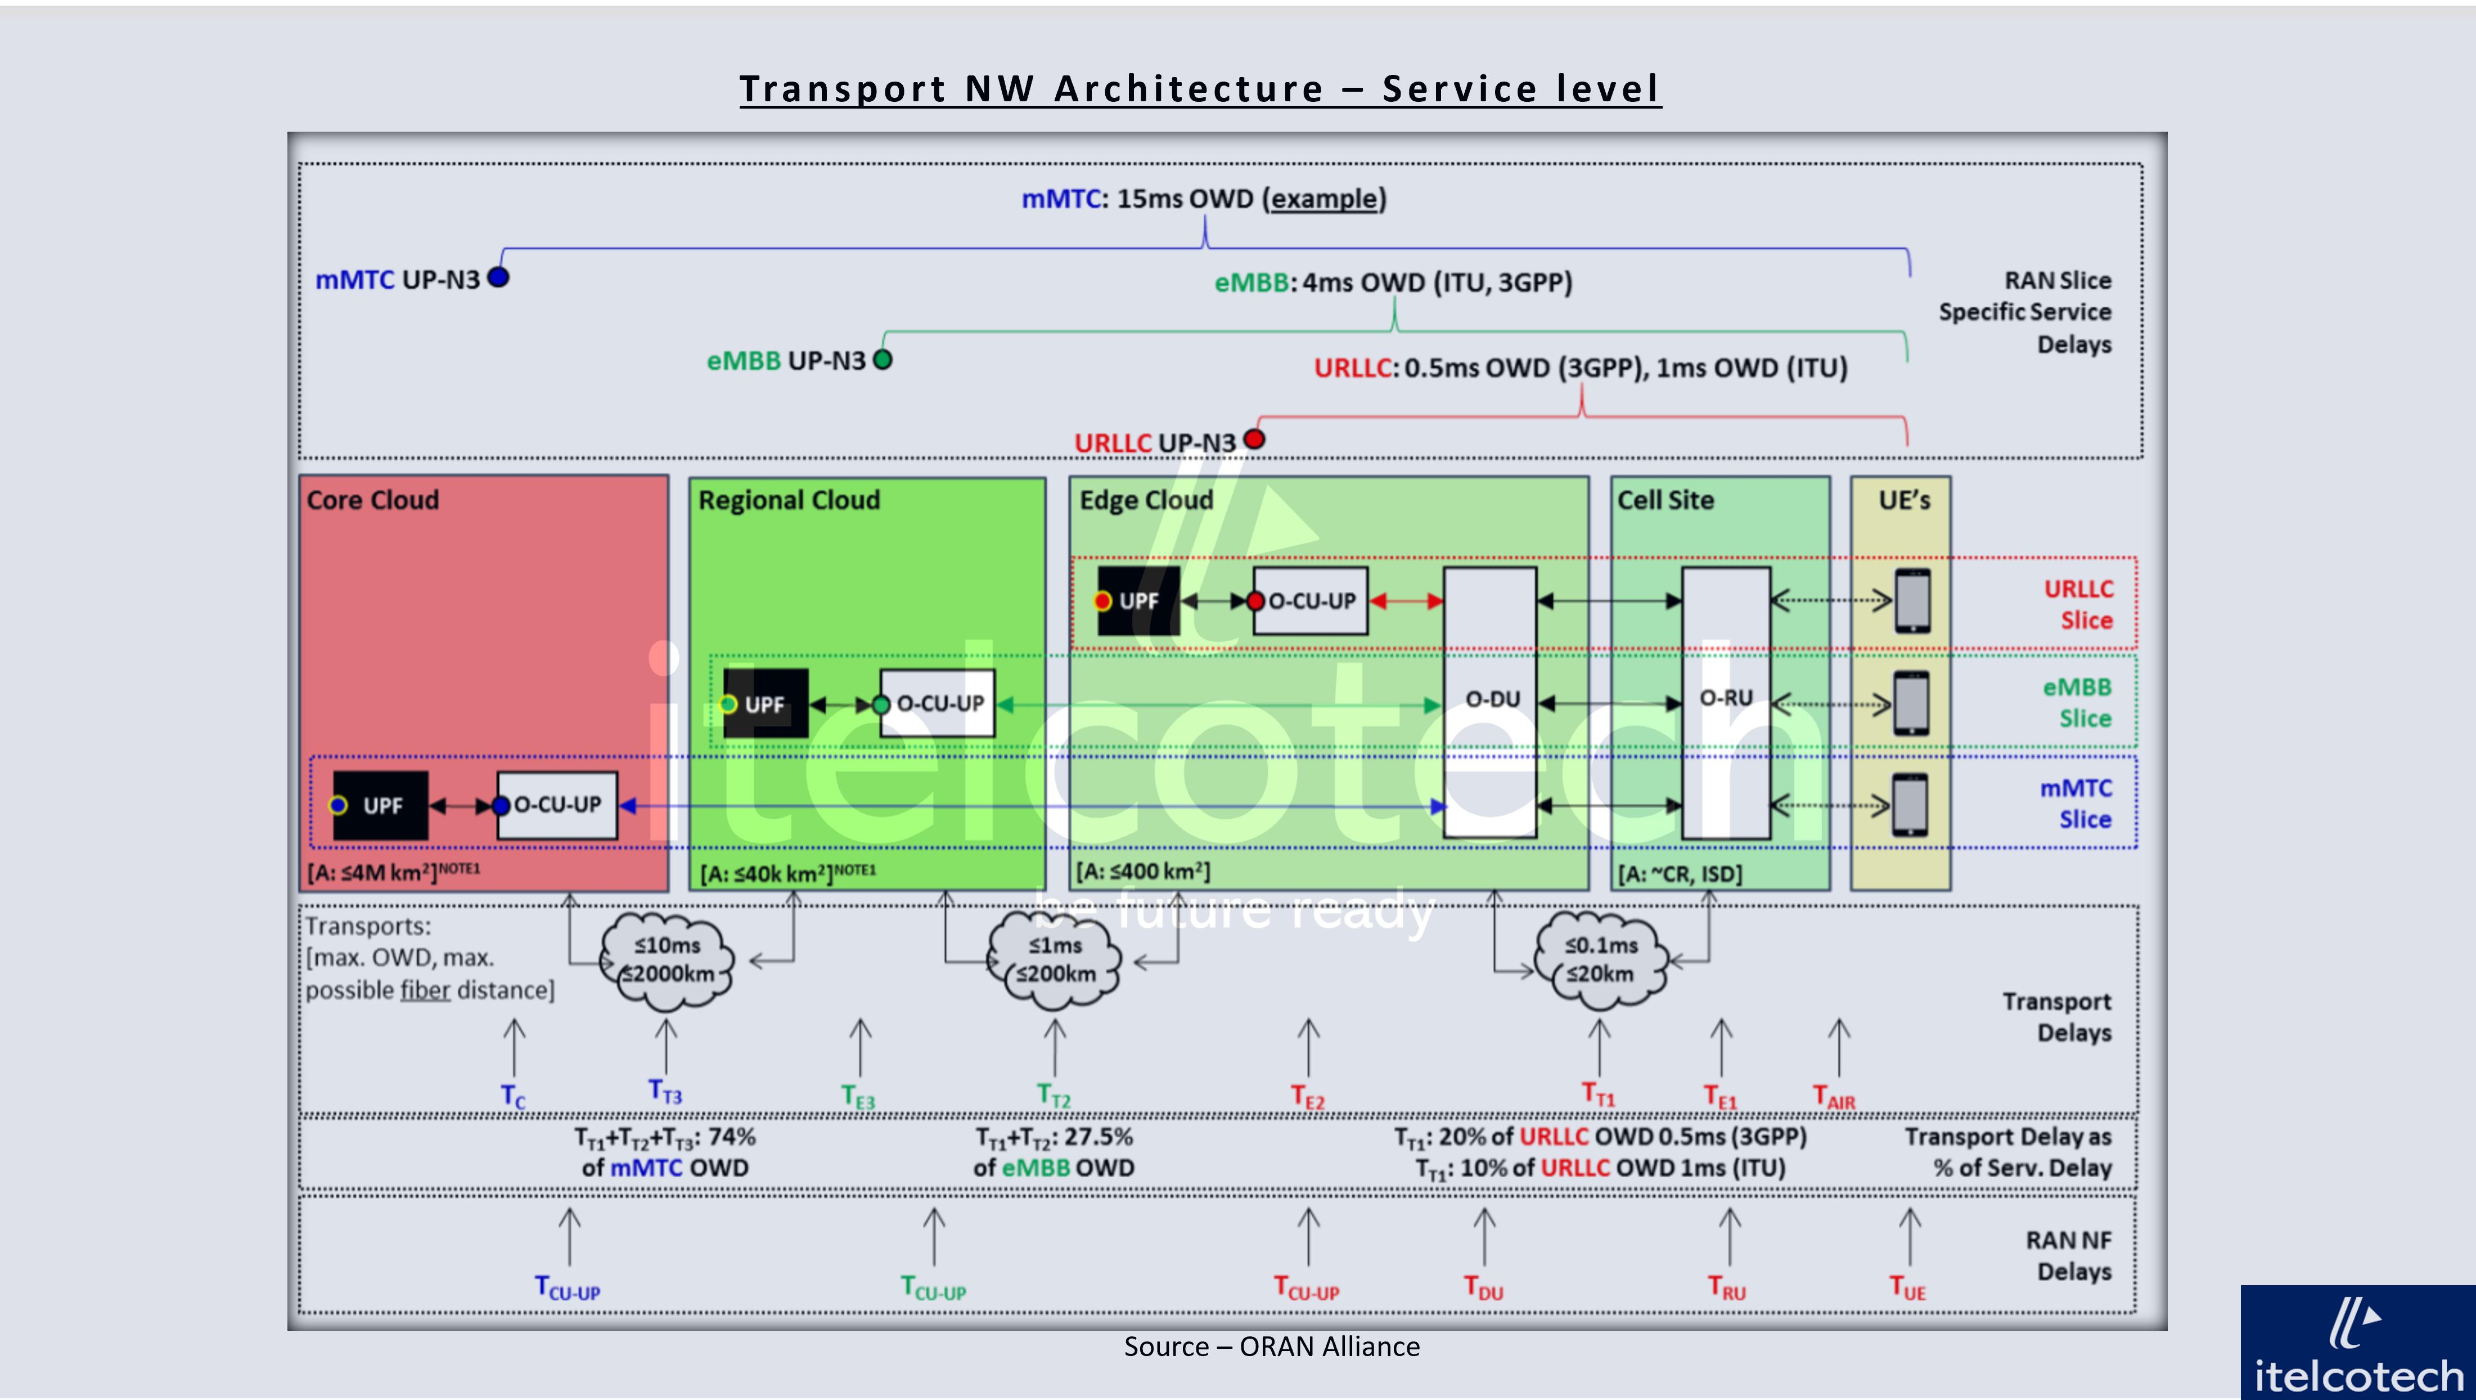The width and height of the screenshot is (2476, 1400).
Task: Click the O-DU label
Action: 1492,699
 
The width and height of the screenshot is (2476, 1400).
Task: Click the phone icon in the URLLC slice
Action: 1912,601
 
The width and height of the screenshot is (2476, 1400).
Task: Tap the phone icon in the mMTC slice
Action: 1910,805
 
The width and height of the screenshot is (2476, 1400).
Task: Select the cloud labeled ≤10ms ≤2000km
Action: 667,959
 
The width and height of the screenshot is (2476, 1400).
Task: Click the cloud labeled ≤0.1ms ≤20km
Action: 1600,959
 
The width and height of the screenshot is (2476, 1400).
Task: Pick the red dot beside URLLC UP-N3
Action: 1254,439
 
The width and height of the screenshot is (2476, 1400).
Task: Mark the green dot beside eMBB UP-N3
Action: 883,360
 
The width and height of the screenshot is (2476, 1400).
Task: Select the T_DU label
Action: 1483,1287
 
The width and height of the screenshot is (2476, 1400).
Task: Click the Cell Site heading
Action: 1665,500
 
